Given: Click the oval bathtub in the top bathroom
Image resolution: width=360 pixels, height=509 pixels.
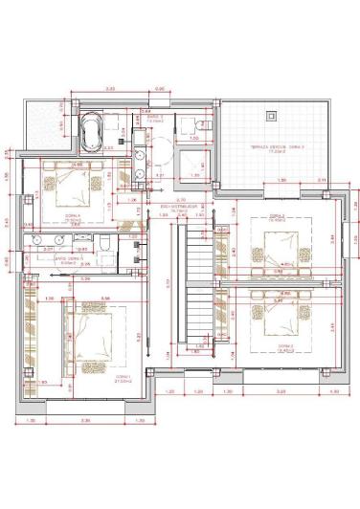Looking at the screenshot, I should tap(93, 133).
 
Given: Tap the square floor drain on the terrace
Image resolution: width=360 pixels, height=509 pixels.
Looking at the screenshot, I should tap(273, 116).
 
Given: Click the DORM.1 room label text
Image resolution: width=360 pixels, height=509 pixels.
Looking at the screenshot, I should tap(123, 377).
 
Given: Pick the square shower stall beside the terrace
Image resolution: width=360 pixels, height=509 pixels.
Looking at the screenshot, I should tap(196, 163).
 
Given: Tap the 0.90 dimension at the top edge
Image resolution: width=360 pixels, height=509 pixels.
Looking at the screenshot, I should tap(160, 90).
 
